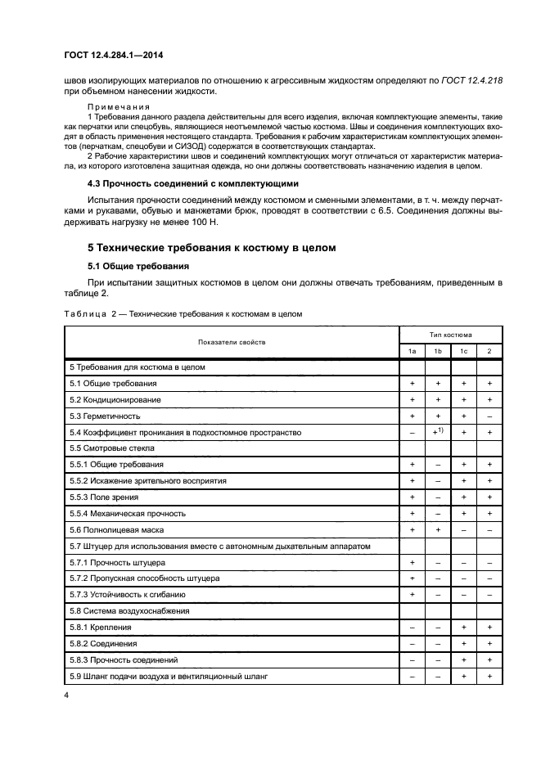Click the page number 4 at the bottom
[65, 695]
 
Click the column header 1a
[413, 351]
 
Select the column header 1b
[438, 351]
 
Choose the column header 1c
[463, 351]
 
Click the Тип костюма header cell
[450, 334]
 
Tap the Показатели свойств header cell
[231, 342]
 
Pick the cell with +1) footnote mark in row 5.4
[438, 431]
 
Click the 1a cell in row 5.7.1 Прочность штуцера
[413, 562]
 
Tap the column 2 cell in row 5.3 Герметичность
[489, 416]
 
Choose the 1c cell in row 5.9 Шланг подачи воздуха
[463, 677]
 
